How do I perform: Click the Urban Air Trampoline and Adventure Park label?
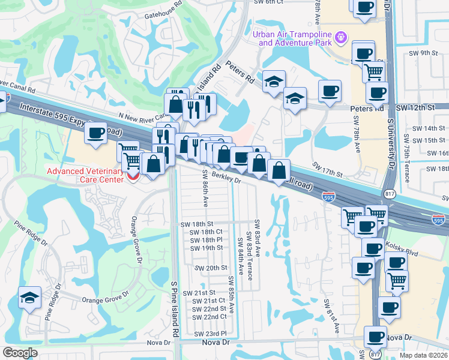292,38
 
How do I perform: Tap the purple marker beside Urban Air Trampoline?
341,37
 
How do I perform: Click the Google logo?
20,353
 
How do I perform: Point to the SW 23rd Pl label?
210,334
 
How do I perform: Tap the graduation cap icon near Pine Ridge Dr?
29,298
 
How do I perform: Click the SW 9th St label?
429,53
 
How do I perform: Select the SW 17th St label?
327,169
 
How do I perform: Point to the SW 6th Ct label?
268,2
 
